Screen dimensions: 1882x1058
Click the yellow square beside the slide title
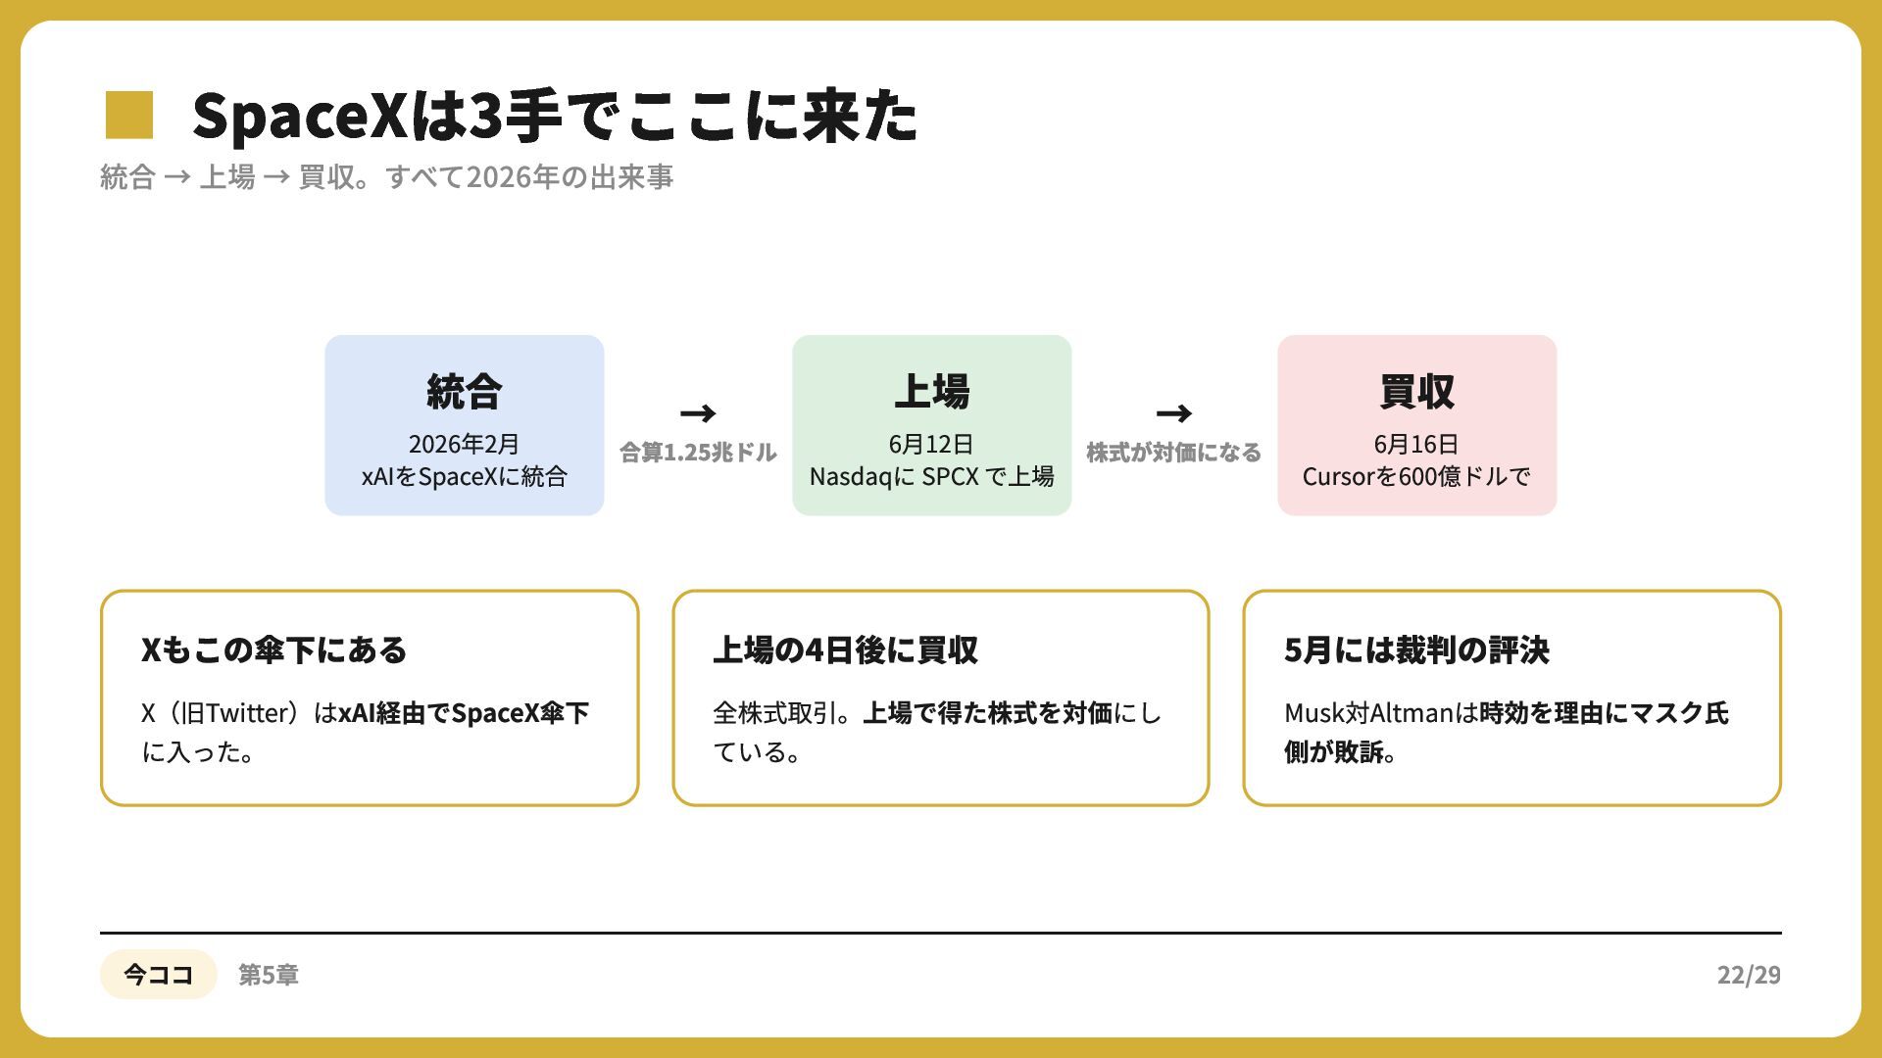tap(129, 115)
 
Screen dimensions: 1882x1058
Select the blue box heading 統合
tap(464, 391)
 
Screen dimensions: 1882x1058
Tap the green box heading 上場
tap(931, 391)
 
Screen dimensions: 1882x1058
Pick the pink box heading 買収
tap(1416, 391)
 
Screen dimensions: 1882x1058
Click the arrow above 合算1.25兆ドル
tap(698, 413)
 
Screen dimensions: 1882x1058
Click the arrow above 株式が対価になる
tap(1173, 413)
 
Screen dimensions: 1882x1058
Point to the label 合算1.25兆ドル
tap(698, 453)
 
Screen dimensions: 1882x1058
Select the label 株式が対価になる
tap(1173, 453)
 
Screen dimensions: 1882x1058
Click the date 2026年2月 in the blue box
tap(464, 444)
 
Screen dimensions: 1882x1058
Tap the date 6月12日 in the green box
tap(931, 444)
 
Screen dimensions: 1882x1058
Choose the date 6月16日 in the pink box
tap(1416, 444)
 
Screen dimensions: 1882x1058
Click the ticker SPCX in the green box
tap(950, 477)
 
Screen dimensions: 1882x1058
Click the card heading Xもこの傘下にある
tap(273, 650)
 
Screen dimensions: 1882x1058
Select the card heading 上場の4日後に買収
tap(845, 650)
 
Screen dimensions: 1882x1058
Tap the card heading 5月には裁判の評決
tap(1416, 650)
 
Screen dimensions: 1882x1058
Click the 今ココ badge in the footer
tap(158, 974)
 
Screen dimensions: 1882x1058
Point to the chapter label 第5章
tap(269, 975)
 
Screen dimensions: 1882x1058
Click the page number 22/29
tap(1749, 975)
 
